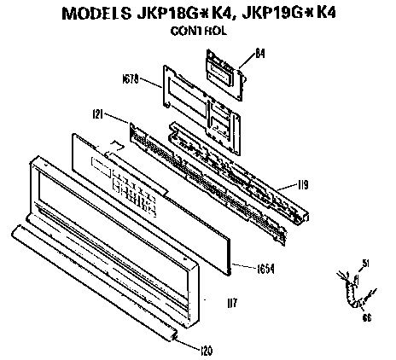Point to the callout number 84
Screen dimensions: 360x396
tap(260, 52)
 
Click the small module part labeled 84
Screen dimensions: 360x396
tap(224, 66)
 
